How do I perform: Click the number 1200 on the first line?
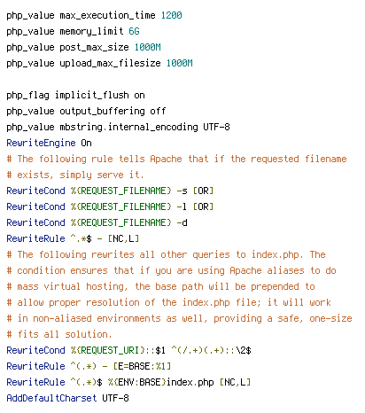pyautogui.click(x=171, y=15)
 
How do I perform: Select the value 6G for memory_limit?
pyautogui.click(x=134, y=31)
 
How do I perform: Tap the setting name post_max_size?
pyautogui.click(x=94, y=48)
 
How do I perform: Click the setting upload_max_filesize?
pyautogui.click(x=110, y=63)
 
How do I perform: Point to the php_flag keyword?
pyautogui.click(x=27, y=96)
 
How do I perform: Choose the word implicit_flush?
pyautogui.click(x=92, y=95)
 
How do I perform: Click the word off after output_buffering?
pyautogui.click(x=158, y=111)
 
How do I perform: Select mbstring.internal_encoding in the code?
pyautogui.click(x=128, y=127)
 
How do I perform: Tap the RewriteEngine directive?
pyautogui.click(x=41, y=143)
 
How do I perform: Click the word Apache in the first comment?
pyautogui.click(x=166, y=159)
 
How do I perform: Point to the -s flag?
pyautogui.click(x=182, y=191)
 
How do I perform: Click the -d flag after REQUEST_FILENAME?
pyautogui.click(x=182, y=222)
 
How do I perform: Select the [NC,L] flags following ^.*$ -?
pyautogui.click(x=123, y=238)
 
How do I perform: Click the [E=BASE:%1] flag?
pyautogui.click(x=142, y=366)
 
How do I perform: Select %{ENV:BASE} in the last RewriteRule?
pyautogui.click(x=136, y=382)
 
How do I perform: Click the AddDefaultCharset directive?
pyautogui.click(x=51, y=398)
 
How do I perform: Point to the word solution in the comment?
pyautogui.click(x=89, y=334)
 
